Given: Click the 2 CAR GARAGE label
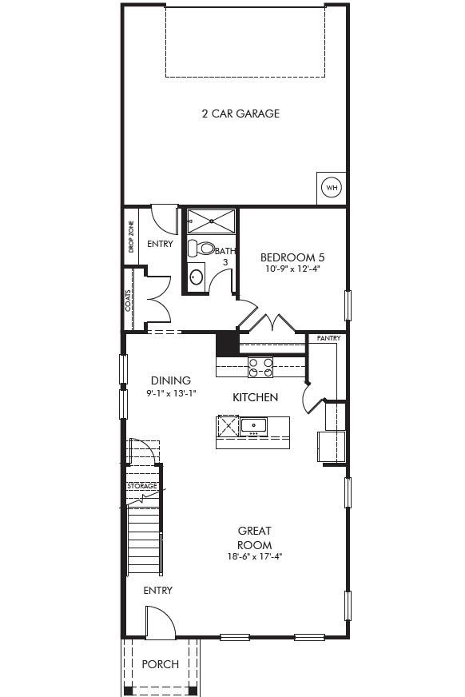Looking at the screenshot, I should pos(240,114).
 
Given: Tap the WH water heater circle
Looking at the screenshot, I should pos(331,188).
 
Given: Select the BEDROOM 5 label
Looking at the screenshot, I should pos(292,257).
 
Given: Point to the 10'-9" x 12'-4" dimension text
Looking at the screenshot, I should pos(292,269).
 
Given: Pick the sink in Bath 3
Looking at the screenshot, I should pos(197,277).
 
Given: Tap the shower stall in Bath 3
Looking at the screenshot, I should pos(212,221).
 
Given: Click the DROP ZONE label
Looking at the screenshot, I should pos(131,237).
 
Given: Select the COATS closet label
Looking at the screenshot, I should pos(128,301).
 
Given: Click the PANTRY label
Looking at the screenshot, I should pos(328,339).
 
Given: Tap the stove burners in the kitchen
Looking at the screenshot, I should pos(260,367).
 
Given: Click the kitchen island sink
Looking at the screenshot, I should pos(253,424).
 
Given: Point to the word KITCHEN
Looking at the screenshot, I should pos(255,397).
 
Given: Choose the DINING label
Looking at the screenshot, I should pos(171,380).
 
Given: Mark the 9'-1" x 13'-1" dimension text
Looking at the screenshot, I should pos(171,393).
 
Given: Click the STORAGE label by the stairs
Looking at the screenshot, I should pos(142,486).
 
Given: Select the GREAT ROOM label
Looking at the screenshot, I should pos(254,537).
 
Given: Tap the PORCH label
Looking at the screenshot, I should pos(160,664).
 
